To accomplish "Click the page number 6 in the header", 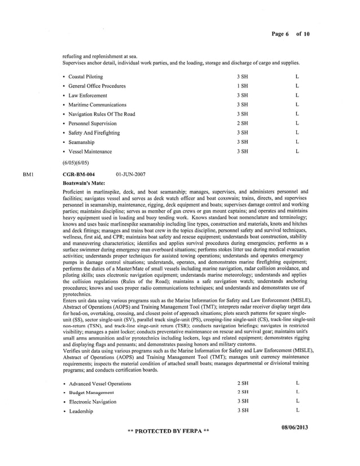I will (x=287, y=34).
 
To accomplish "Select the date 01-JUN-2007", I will (x=130, y=174).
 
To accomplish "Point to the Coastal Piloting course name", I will (x=86, y=77).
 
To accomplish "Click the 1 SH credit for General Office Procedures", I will (x=243, y=86).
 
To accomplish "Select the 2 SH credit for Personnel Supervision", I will (x=243, y=123).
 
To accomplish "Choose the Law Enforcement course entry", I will (x=87, y=95).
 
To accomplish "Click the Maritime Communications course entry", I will (x=97, y=104).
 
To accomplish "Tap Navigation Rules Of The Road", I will (x=102, y=114).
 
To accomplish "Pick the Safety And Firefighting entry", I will (x=94, y=133).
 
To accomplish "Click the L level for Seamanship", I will (x=297, y=142).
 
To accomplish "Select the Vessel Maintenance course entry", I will (x=90, y=151).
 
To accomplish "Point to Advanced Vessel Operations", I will (x=100, y=384).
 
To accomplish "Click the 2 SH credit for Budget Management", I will (x=243, y=392).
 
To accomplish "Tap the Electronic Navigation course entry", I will (x=93, y=402).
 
